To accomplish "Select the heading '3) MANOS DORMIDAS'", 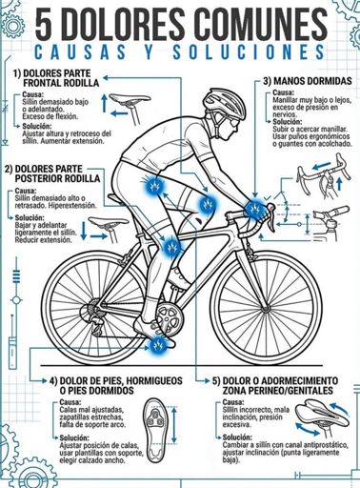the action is pos(308,81).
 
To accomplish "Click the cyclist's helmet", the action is pos(224,102).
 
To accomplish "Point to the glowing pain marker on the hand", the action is pos(255,209).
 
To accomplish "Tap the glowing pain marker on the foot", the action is pos(158,345).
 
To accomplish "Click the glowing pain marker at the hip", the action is pos(154,186).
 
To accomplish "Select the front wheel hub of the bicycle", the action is pos(266,308).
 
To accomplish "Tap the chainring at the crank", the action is pos(170,318).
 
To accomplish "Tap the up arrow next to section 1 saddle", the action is pos(104,103).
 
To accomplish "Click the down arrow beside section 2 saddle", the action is pos(84,231).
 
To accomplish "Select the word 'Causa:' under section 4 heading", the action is pos(70,402).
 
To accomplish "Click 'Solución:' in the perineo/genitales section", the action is pos(237,437).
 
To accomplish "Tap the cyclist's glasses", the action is pos(233,123).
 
